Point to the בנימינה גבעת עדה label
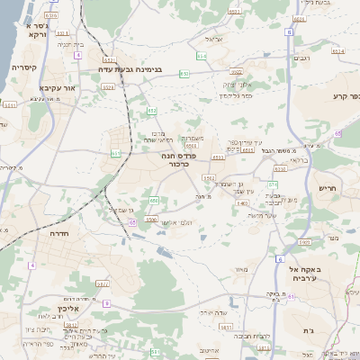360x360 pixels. (132, 68)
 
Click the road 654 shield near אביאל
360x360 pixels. (202, 56)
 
